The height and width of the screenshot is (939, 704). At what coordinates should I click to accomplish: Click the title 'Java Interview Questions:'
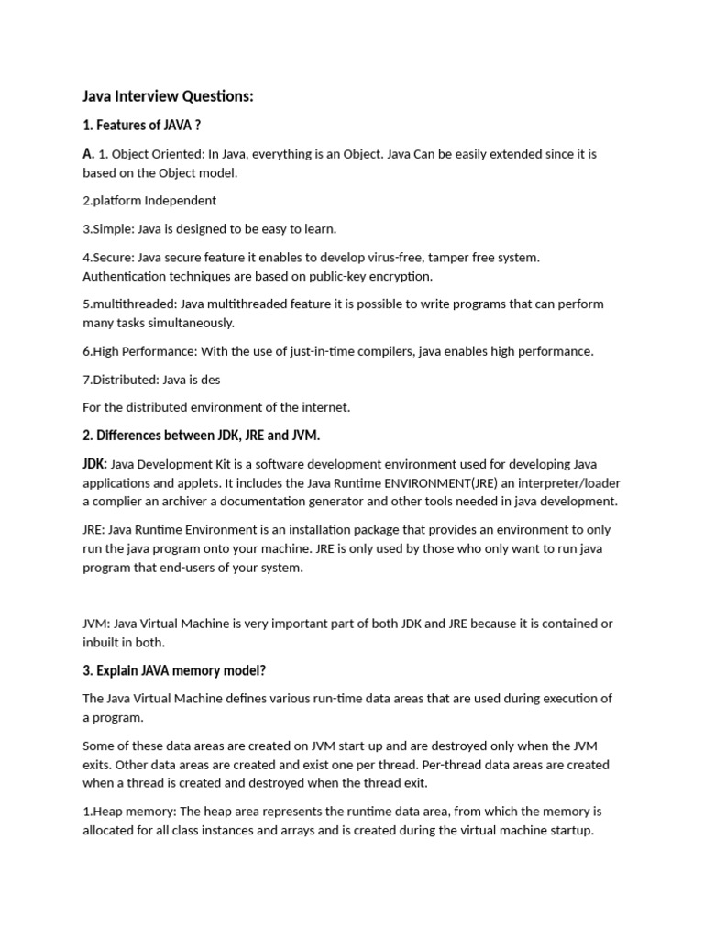168,96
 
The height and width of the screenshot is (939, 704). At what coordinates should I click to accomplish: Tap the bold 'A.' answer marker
89,154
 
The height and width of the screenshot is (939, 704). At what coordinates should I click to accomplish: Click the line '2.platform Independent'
149,200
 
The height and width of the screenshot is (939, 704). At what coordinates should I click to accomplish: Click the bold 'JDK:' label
95,464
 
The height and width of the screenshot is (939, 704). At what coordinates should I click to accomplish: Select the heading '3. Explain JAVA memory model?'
174,669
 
